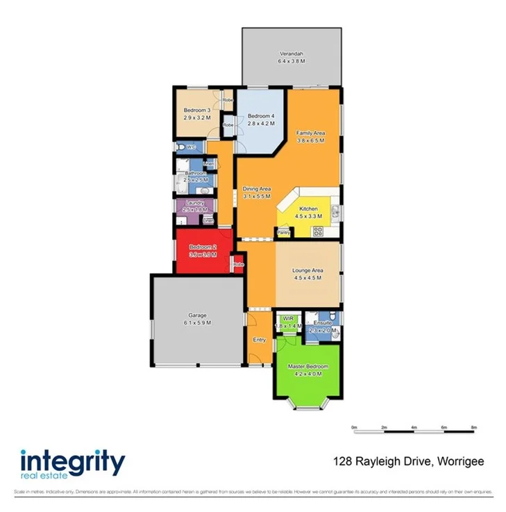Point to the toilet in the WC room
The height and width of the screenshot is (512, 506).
click(180, 147)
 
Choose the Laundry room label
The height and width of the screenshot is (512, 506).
click(195, 203)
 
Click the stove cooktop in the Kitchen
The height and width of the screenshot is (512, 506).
click(319, 231)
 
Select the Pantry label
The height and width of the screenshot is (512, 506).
click(284, 232)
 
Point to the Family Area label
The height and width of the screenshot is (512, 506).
click(311, 133)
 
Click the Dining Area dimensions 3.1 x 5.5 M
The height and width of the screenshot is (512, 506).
click(256, 197)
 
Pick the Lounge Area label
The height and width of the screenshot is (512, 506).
click(308, 271)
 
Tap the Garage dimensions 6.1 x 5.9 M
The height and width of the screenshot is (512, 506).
click(197, 323)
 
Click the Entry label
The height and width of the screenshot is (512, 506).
click(260, 340)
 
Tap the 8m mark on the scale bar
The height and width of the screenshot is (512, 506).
click(474, 427)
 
